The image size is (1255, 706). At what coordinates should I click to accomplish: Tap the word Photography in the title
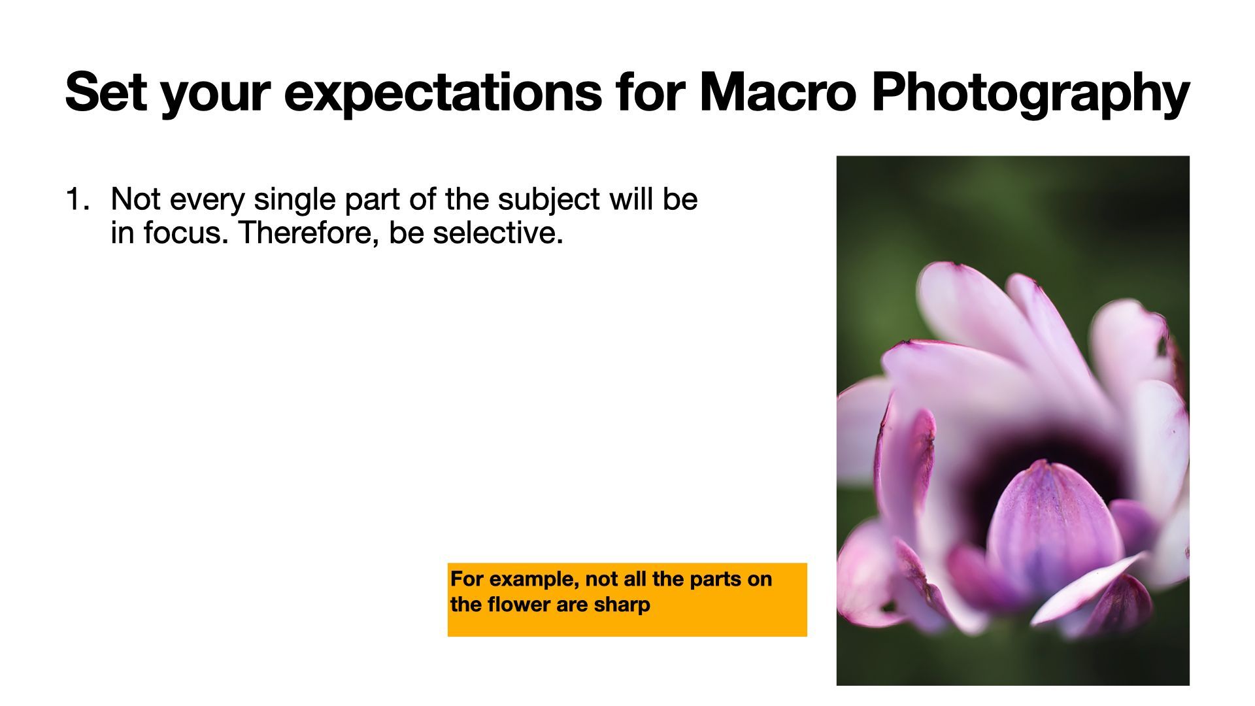click(1030, 95)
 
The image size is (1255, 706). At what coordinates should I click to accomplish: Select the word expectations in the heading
click(443, 95)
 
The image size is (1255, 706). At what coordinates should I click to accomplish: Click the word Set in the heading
click(105, 92)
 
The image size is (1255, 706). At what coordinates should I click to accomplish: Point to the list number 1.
click(76, 199)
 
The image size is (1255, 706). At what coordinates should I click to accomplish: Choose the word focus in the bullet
click(186, 233)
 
